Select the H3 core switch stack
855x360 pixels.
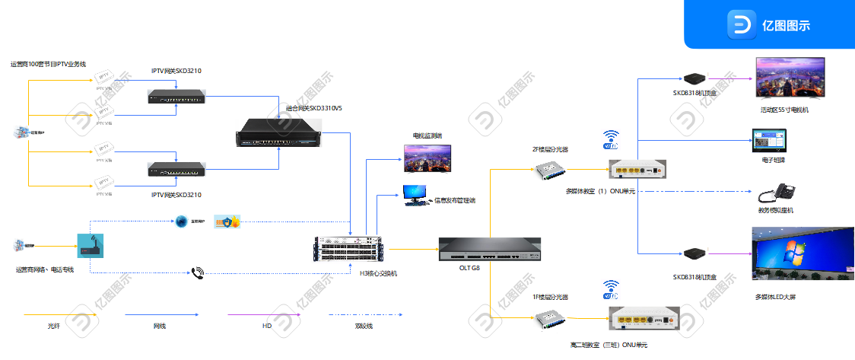349,250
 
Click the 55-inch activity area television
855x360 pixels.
790,78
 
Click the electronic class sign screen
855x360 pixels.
770,142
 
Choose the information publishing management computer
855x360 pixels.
415,195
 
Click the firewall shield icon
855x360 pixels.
227,221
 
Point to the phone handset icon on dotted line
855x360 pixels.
198,272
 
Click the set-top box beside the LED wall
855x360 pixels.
694,253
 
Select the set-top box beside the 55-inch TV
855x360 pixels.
694,78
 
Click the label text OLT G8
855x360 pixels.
469,268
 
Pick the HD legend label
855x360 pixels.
267,326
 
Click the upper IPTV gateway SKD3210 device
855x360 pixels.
176,97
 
